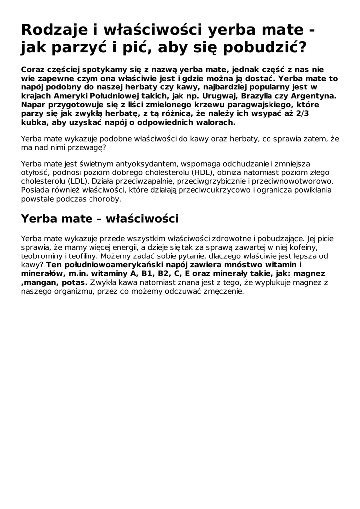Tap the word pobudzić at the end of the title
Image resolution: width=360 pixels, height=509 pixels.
(x=267, y=49)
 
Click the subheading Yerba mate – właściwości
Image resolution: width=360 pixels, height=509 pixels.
(x=99, y=219)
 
